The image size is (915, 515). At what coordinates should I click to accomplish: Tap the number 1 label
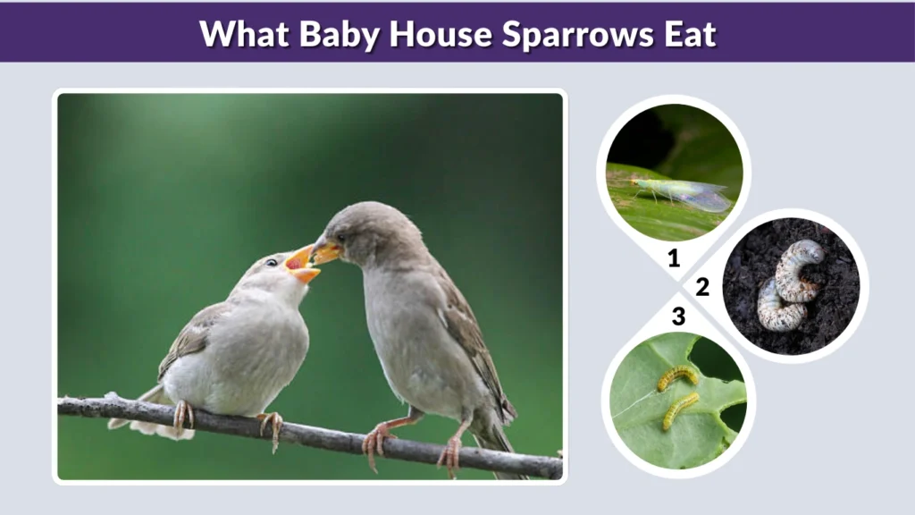tap(674, 259)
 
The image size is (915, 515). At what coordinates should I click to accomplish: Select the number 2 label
tap(702, 287)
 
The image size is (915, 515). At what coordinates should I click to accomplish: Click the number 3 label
tap(678, 316)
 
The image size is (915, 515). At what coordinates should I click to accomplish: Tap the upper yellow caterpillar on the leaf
tap(677, 377)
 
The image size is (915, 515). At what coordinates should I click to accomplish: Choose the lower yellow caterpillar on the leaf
tap(680, 410)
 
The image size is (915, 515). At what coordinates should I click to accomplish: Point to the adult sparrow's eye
tap(340, 238)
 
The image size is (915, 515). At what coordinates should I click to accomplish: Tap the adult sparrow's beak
tap(324, 253)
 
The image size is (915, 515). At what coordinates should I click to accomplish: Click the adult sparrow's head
tap(366, 232)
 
